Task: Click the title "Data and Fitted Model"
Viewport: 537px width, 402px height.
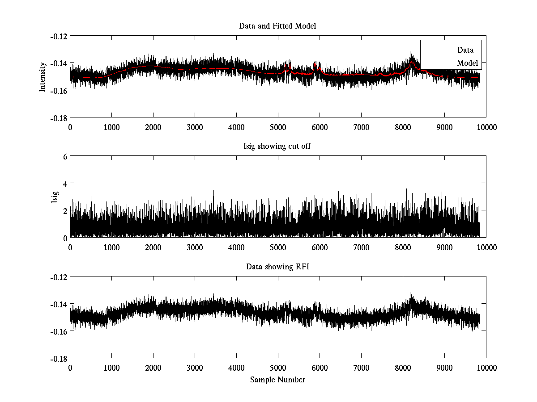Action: [277, 26]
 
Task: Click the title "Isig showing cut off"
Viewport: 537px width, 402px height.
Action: [277, 147]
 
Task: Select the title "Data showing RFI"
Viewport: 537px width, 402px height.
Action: [277, 267]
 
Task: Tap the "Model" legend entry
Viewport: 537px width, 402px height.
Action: [467, 63]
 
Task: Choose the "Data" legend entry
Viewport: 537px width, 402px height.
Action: [465, 50]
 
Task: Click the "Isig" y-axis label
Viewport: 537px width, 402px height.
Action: [55, 197]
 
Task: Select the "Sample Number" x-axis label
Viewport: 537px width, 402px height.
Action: [277, 380]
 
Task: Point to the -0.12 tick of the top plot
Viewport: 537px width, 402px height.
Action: [58, 36]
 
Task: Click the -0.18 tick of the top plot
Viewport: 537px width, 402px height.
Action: [58, 117]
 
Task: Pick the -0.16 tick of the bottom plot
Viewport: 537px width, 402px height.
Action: [58, 331]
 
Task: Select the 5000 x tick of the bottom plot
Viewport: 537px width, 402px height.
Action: [278, 368]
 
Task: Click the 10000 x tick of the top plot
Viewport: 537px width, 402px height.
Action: [486, 127]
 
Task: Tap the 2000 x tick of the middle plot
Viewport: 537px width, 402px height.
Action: [153, 247]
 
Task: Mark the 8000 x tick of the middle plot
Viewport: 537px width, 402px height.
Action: [403, 247]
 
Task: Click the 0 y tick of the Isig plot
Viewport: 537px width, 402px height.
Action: [65, 238]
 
